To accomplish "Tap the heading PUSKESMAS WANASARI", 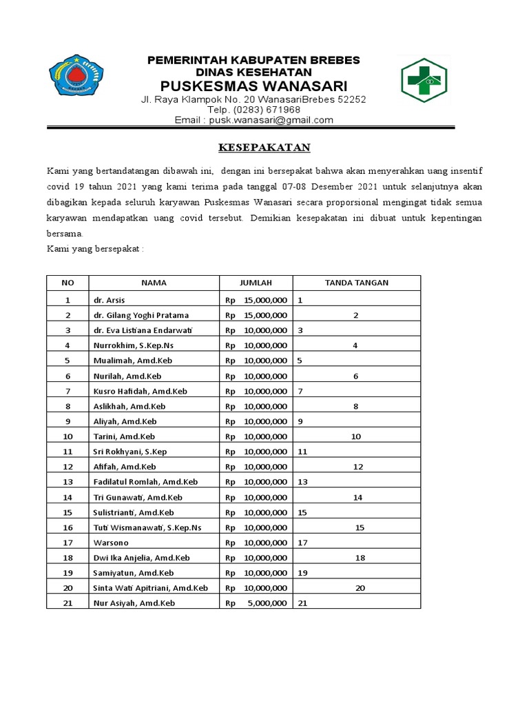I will [x=253, y=85].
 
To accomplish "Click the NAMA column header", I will [x=154, y=283].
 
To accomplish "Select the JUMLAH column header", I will [x=256, y=283].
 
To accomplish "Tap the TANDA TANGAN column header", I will [x=356, y=283].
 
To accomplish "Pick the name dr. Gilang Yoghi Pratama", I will [x=141, y=315].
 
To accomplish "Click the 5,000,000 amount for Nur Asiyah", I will [x=264, y=603].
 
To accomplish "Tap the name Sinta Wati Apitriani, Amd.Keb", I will [x=150, y=588].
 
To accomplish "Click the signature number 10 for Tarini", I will [x=356, y=436].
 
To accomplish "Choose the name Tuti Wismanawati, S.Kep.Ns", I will [x=147, y=527].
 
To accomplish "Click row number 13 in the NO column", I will [x=68, y=482].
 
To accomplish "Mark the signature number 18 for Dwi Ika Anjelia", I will [x=360, y=558].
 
